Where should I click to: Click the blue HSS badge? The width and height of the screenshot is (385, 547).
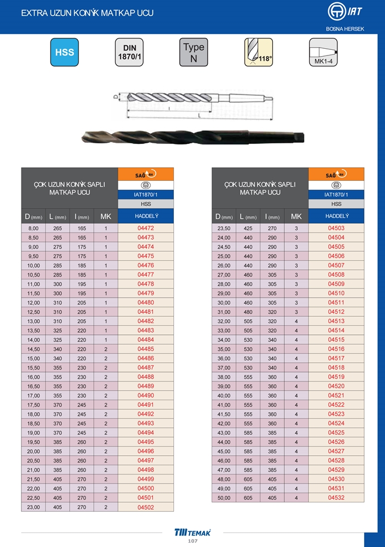(x=65, y=52)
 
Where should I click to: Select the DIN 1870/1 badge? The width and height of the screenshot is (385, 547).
(x=129, y=52)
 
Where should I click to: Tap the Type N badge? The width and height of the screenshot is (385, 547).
(x=194, y=52)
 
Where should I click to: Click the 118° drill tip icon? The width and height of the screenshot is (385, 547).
(x=258, y=52)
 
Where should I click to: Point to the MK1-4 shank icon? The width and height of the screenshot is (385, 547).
(x=323, y=52)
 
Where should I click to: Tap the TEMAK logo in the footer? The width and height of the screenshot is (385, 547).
(x=192, y=532)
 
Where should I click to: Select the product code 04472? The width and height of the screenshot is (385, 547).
(x=146, y=228)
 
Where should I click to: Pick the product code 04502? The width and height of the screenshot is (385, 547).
(x=146, y=507)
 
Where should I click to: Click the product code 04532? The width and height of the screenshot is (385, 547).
(x=336, y=498)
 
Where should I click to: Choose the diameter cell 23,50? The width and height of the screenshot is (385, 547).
(x=224, y=228)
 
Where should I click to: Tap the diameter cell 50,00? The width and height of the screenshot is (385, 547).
(x=224, y=498)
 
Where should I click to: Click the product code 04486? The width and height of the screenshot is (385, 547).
(x=146, y=358)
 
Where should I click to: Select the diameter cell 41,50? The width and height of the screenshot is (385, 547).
(x=224, y=414)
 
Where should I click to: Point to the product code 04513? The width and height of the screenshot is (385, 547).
(x=336, y=321)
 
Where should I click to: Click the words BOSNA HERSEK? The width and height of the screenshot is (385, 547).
(x=345, y=28)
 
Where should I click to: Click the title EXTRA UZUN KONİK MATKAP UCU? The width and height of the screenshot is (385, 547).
(x=87, y=13)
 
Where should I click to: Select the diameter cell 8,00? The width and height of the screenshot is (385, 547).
(x=33, y=228)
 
